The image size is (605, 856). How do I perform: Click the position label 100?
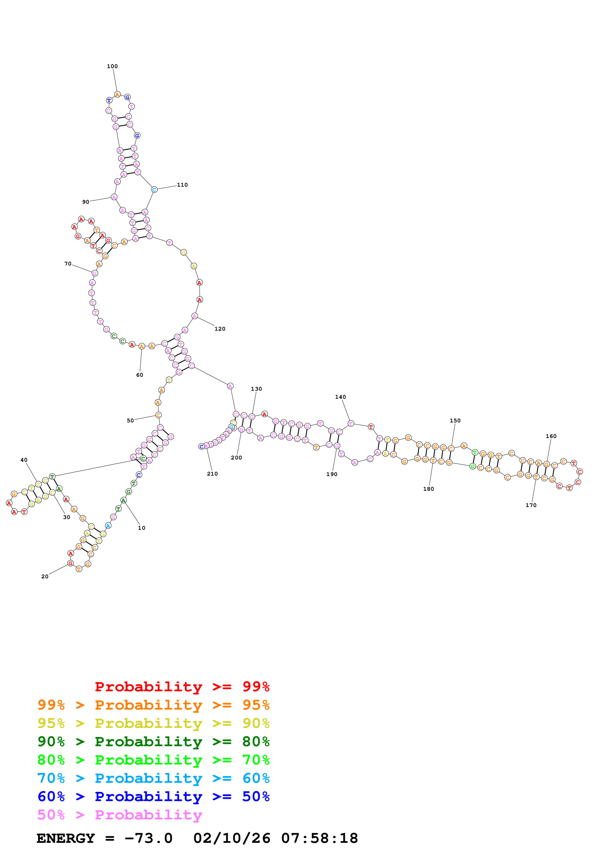[x=112, y=66]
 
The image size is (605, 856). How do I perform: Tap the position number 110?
[x=182, y=185]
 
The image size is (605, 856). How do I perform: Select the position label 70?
[x=68, y=264]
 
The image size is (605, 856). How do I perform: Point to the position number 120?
[x=220, y=329]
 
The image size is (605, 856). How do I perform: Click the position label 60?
[x=139, y=375]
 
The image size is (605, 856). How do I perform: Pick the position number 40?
[x=24, y=460]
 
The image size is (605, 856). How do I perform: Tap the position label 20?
[x=45, y=576]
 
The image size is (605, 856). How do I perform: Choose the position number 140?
[x=340, y=397]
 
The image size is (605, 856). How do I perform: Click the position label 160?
[x=551, y=436]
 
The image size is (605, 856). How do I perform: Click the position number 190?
[x=332, y=474]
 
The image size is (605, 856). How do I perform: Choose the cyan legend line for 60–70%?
[x=154, y=778]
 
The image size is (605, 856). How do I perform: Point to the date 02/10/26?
[x=232, y=838]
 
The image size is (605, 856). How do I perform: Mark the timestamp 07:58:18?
[x=319, y=838]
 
